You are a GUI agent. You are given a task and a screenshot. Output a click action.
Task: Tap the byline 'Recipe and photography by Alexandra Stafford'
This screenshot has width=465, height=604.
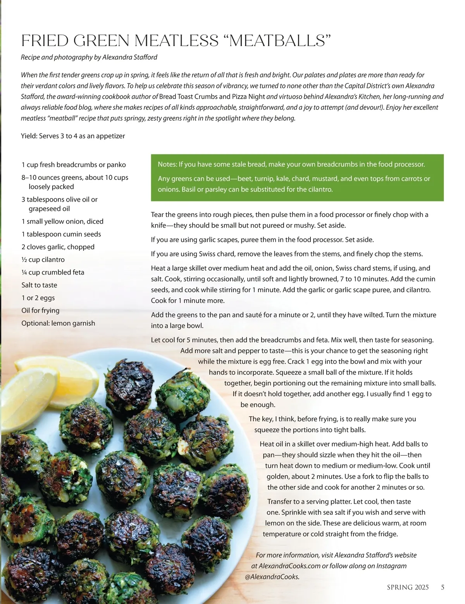(89, 57)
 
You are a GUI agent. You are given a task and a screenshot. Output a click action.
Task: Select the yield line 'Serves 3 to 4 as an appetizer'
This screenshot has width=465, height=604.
(82, 136)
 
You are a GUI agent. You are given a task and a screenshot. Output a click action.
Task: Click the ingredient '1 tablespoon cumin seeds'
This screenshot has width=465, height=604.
(61, 234)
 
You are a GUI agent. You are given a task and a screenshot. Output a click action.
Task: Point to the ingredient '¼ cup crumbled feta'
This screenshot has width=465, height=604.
(53, 272)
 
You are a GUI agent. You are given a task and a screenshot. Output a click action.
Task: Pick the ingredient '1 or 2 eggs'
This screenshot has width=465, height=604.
(38, 298)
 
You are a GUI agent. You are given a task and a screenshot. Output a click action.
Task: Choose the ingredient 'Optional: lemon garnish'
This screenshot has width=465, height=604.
(58, 323)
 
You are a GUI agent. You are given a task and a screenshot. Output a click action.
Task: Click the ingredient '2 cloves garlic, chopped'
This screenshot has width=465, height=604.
(58, 247)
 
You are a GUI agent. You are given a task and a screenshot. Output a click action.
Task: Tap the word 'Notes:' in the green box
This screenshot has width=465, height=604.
(167, 164)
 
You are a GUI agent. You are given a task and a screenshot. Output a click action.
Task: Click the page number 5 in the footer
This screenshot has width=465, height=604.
(443, 587)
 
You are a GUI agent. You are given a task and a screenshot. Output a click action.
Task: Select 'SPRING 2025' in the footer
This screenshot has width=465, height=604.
(408, 587)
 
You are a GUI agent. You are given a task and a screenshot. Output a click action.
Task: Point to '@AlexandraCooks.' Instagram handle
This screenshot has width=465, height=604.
(272, 576)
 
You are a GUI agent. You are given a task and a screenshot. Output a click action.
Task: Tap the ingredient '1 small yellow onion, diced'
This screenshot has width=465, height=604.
(62, 221)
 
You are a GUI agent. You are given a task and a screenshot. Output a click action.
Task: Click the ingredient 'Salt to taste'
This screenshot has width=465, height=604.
(39, 285)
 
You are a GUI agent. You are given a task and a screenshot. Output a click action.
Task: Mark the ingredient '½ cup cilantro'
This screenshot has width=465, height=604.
(43, 260)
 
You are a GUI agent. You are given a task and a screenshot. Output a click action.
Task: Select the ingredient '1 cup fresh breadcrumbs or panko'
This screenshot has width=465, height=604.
(74, 165)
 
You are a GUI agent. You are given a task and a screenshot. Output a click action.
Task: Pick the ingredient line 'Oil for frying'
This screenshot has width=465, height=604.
(40, 311)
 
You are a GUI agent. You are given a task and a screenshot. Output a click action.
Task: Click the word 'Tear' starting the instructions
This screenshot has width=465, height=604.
(157, 215)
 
